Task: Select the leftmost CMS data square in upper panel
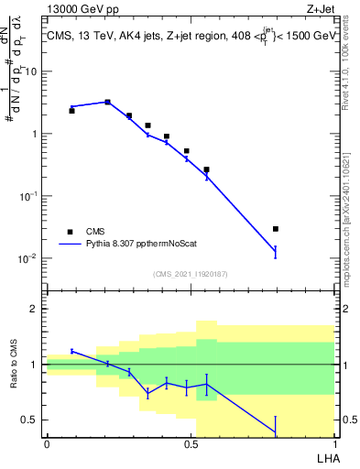[x=71, y=110]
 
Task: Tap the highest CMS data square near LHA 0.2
[x=108, y=103]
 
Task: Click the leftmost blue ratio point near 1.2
[x=71, y=351]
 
